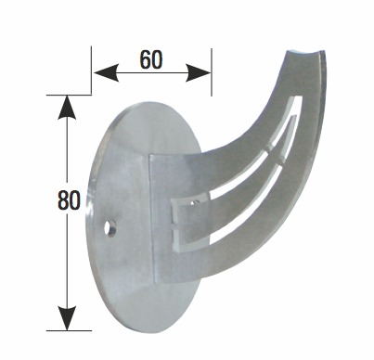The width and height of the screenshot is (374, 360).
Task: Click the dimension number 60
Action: coord(151,59)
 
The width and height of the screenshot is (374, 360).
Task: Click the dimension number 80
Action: coord(69,200)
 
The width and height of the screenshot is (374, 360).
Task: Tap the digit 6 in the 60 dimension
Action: coord(146,59)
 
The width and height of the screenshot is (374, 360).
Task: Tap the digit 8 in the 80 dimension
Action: coord(63,200)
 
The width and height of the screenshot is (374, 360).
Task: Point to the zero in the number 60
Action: coord(157,59)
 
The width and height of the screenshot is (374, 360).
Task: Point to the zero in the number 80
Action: coord(75,200)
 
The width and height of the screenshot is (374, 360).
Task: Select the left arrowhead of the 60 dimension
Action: coord(106,73)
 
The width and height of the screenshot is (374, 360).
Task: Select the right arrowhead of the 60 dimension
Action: coord(198,73)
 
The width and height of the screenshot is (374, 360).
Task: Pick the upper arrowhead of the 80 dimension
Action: coord(67,108)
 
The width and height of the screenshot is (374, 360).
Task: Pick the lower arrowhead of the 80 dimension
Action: coord(67,318)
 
